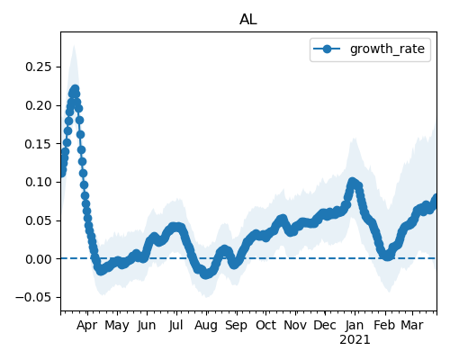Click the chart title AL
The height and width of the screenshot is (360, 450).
[x=248, y=20]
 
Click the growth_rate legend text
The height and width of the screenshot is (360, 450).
[x=387, y=49]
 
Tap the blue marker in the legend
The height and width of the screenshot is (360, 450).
[x=327, y=49]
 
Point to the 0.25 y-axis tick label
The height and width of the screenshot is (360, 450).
[x=39, y=67]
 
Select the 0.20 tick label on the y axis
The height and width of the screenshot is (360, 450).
[x=39, y=105]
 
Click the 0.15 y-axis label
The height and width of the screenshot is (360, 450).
[x=39, y=144]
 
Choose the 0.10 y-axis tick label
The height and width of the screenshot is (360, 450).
[x=39, y=182]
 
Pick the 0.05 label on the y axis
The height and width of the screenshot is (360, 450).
[x=39, y=220]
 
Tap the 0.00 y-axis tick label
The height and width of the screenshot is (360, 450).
[x=39, y=259]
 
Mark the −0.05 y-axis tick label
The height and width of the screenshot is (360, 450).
[x=33, y=297]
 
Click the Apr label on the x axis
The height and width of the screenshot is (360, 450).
[x=87, y=326]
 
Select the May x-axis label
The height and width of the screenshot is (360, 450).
[x=117, y=326]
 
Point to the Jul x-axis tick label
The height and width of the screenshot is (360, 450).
[x=175, y=325]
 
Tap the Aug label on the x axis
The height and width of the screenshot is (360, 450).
[x=206, y=326]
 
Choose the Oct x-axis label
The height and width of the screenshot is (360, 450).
[x=265, y=325]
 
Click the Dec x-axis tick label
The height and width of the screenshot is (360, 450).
[x=325, y=325]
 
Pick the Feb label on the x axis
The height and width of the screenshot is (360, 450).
[x=385, y=325]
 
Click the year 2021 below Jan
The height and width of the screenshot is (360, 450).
[x=355, y=340]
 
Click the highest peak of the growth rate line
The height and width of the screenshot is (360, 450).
[x=75, y=89]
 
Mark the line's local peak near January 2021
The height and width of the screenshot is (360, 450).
[x=353, y=182]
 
